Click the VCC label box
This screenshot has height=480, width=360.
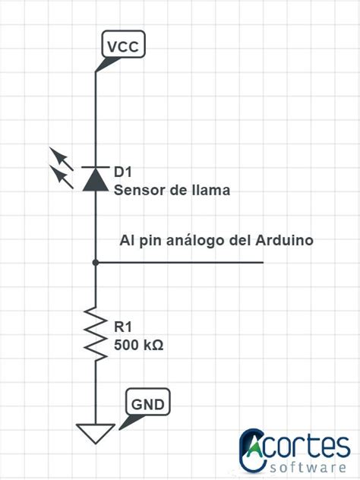(x=123, y=46)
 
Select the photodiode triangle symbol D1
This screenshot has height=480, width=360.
(x=96, y=178)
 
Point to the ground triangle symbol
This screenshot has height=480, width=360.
(x=96, y=433)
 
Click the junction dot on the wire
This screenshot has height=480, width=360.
(x=96, y=263)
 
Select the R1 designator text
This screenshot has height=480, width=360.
(x=123, y=327)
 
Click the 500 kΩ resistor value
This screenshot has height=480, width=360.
(x=139, y=345)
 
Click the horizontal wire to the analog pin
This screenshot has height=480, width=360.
(x=182, y=263)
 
